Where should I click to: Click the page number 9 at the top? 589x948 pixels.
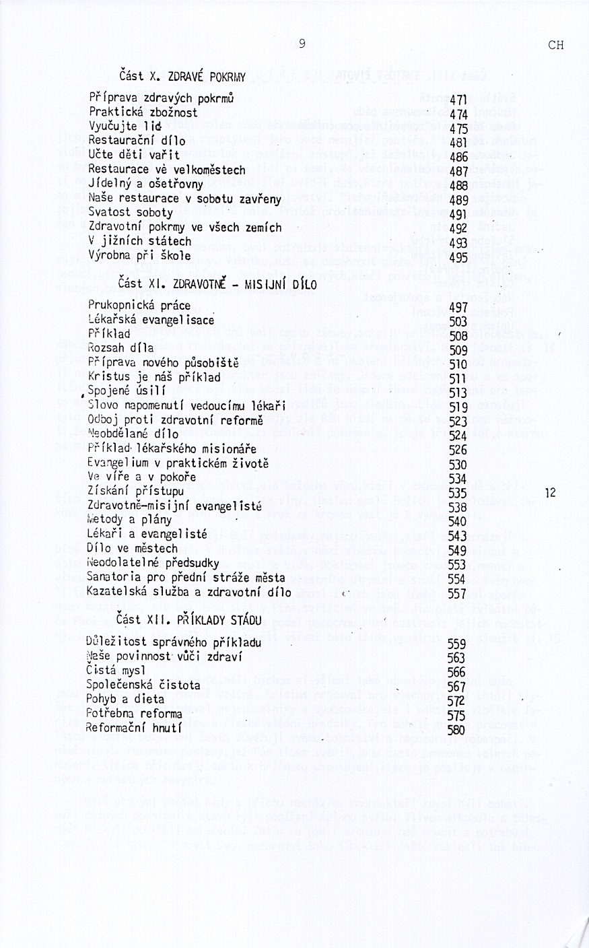[x=302, y=44]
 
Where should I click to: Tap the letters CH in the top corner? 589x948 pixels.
[x=556, y=46]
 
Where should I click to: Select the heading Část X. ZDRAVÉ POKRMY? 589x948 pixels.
[x=182, y=75]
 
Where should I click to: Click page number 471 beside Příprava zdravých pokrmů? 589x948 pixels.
[x=458, y=98]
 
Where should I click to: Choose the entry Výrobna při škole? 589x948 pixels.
[x=139, y=256]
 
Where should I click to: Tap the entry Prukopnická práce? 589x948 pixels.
[x=139, y=306]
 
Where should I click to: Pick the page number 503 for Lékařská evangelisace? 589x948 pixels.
[x=458, y=321]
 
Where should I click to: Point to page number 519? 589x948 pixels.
[x=458, y=407]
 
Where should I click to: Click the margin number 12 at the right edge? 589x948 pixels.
[x=551, y=493]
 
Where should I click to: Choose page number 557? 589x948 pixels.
[x=458, y=593]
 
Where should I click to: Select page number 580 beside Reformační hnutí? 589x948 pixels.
[x=457, y=729]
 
